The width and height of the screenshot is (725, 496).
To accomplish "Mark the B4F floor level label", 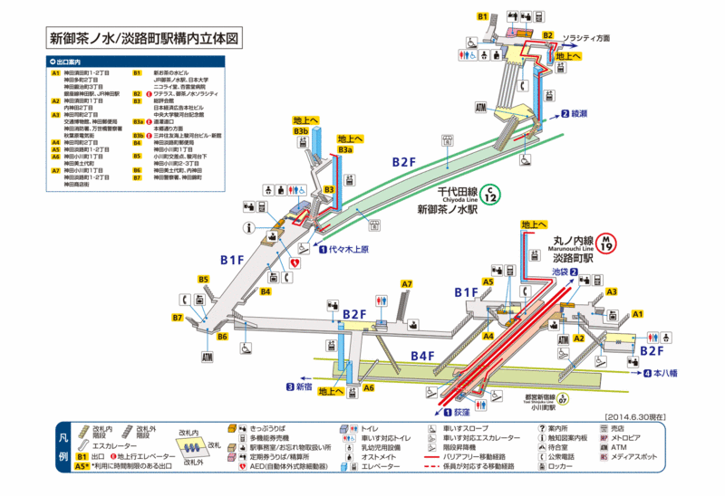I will [x=421, y=357].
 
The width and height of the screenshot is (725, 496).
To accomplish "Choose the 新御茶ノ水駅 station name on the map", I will [x=446, y=209].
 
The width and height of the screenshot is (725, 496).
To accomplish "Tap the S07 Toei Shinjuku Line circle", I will [x=564, y=399].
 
